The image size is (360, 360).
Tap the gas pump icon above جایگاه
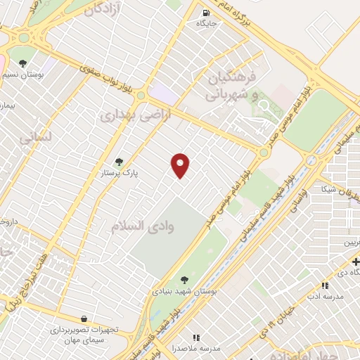(206, 12)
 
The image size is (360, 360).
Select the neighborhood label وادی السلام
(146, 226)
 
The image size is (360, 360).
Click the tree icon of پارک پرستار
(118, 162)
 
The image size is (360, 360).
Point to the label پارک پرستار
(119, 172)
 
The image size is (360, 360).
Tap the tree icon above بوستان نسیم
(23, 63)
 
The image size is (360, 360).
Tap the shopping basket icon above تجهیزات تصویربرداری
(84, 319)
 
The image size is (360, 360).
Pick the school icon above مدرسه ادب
(325, 285)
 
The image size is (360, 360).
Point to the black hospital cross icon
(355, 262)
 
